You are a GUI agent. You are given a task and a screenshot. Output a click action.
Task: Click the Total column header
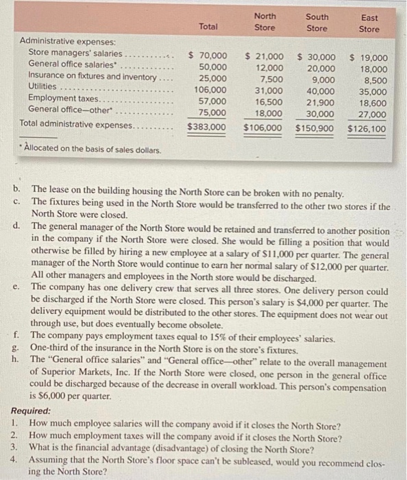coord(208,27)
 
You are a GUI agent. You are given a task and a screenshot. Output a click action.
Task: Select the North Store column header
coord(264,22)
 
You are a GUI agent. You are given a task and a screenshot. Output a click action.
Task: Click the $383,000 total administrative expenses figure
coord(206,128)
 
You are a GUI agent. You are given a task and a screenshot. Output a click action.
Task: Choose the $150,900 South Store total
coord(315,128)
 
